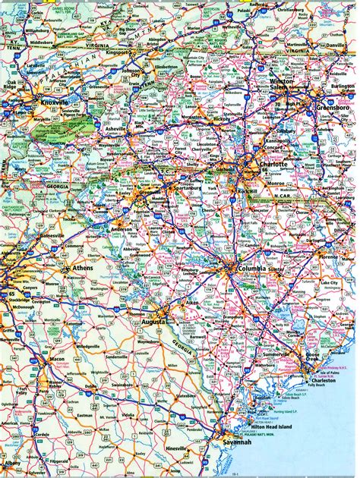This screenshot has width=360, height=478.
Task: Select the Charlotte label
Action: [x=272, y=164]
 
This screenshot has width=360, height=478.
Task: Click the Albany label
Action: [x=13, y=461]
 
